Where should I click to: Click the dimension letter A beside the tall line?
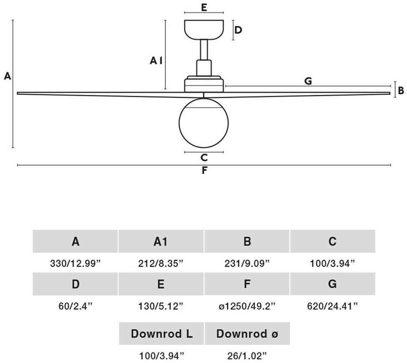7,76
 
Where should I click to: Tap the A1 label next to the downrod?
156,61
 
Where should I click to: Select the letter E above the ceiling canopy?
204,7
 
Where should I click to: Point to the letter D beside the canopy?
238,30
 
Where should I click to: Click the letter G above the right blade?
308,81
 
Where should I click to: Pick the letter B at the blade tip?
401,90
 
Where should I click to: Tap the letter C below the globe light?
204,157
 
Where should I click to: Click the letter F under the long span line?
204,170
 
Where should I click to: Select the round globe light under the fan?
204,122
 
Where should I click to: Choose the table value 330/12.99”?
75,263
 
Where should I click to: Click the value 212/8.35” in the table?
161,263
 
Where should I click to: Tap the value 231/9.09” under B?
247,263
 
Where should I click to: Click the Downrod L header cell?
162,333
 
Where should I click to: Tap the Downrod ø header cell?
247,333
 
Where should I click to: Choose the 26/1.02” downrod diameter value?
247,354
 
